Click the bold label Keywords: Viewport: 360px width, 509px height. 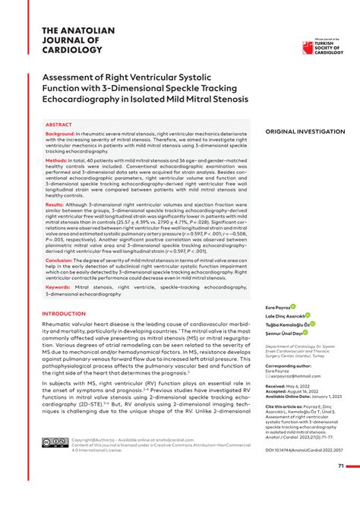click(x=58, y=286)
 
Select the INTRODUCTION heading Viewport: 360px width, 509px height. click(x=65, y=313)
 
